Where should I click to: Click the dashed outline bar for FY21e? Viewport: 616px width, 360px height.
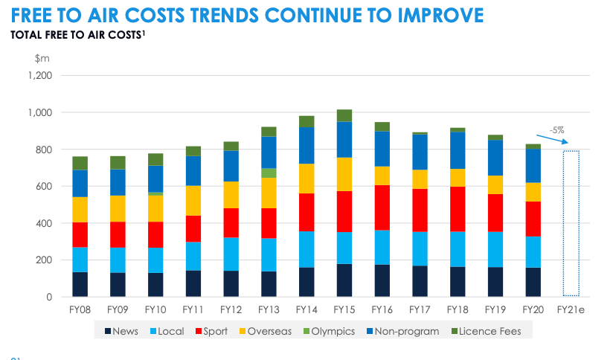571,223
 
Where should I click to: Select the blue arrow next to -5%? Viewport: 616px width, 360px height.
556,138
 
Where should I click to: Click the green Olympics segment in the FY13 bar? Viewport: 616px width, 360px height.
269,173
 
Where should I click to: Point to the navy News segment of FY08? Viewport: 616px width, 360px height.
80,284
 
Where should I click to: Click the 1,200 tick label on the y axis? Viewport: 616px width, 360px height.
39,76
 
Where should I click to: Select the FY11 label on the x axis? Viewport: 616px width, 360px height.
193,309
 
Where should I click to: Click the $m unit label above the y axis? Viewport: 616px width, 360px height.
42,57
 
